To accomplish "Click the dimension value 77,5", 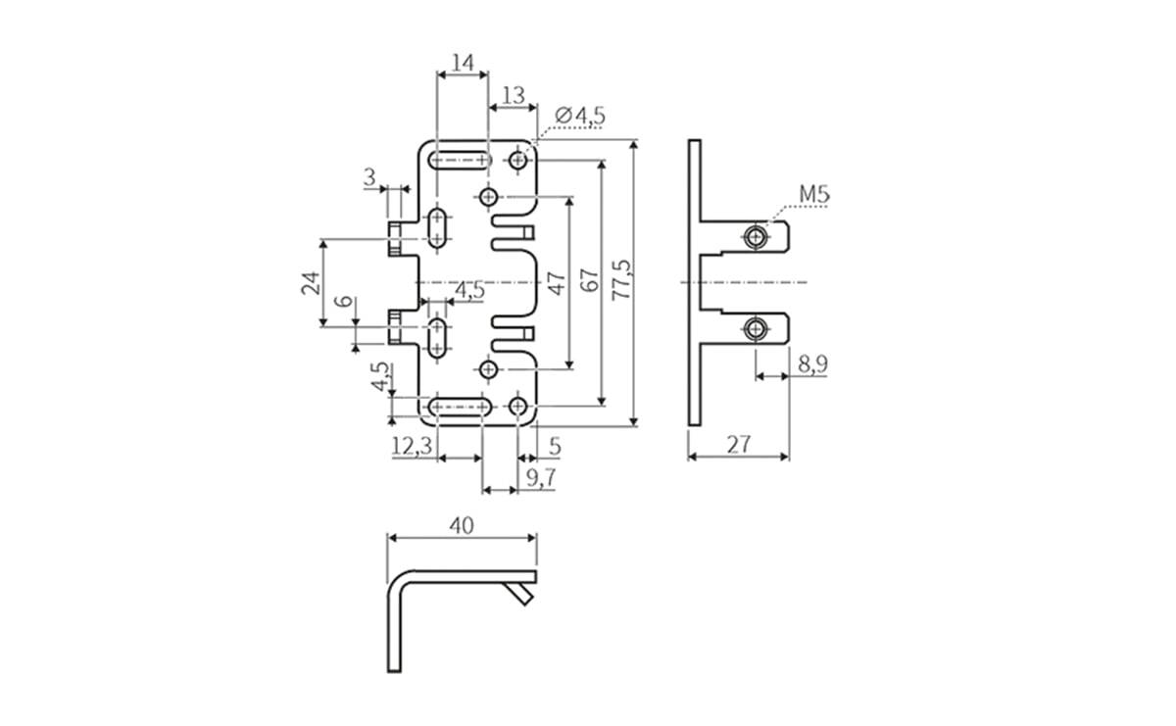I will pos(621,281).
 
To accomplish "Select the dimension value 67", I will pos(588,281).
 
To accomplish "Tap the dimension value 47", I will pos(556,283).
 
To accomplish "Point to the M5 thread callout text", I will pos(813,195).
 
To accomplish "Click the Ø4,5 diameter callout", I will pos(579,116).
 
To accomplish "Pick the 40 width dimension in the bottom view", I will pos(462,525).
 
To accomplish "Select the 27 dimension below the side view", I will pos(739,444).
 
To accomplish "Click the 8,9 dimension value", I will pos(811,365).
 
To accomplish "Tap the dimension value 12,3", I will pos(411,447).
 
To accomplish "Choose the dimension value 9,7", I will pos(541,477).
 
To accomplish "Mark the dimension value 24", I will pos(311,283).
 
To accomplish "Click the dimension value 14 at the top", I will pos(463,64).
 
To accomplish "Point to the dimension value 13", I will pos(513,95).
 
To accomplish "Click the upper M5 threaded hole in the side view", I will pos(755,237).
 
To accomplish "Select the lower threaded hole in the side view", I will pos(755,328).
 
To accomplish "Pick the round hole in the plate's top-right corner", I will pos(518,159).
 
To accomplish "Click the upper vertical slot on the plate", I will pos(438,228).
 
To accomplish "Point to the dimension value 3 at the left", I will pos(369,177).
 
